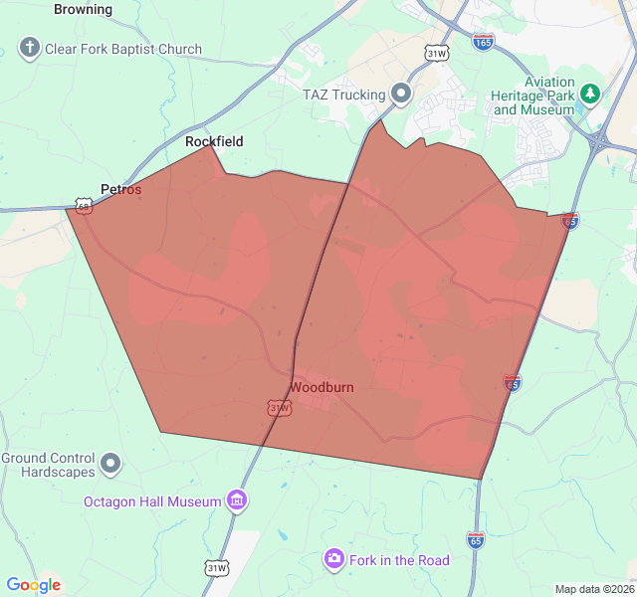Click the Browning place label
coord(83,9)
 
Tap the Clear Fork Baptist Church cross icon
coord(30,48)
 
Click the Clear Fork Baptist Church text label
coord(123,49)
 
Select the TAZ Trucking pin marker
coord(402,94)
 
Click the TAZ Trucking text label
coord(343,95)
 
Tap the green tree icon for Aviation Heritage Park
coord(591,94)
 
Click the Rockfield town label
coord(214,141)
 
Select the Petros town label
coord(120,189)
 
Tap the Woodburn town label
coord(321,387)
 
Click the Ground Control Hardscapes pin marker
coord(111,464)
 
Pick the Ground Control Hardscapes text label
coord(48,465)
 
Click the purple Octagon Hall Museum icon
coord(237,500)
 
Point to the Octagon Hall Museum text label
coord(152,501)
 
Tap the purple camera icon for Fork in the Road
coord(334,559)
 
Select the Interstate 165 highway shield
coord(484,43)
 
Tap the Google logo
coord(33,585)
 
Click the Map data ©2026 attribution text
coord(593,589)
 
